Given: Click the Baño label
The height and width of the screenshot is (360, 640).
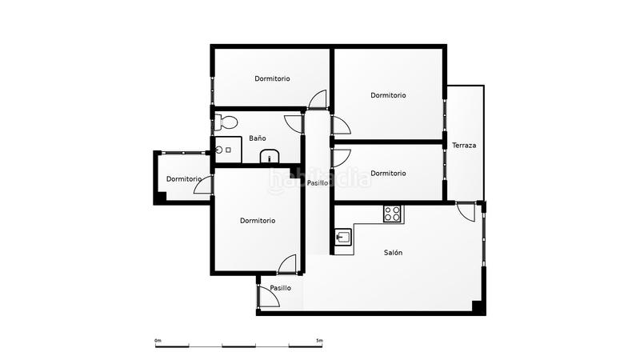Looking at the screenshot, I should click(257, 138).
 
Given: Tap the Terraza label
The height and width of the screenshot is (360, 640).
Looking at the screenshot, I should click(464, 146).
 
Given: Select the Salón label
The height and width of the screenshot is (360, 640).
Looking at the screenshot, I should click(393, 253).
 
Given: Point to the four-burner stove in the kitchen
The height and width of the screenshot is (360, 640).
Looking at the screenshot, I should click(392, 214).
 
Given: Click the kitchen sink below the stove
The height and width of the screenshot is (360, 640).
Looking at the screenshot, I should click(343, 238).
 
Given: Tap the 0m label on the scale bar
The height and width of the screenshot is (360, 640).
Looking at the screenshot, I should click(158, 341).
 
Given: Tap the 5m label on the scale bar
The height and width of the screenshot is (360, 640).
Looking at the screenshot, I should click(319, 341).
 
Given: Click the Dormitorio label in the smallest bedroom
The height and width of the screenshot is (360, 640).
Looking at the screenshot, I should click(184, 178).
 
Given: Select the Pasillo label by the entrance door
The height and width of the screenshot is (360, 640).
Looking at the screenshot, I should click(280, 288).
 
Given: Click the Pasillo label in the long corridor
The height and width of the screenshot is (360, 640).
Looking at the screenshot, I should click(317, 183).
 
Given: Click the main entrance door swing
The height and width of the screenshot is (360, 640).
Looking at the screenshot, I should click(268, 297).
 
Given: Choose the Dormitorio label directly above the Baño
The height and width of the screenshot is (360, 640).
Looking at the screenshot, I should click(272, 78).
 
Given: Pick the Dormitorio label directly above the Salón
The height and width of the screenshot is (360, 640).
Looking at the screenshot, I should click(388, 173).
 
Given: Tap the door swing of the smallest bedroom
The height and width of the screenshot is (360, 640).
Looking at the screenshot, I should click(205, 184).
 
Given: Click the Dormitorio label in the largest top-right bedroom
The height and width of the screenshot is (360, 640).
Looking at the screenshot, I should click(388, 95).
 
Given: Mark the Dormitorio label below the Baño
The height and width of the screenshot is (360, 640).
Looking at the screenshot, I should click(258, 221).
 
